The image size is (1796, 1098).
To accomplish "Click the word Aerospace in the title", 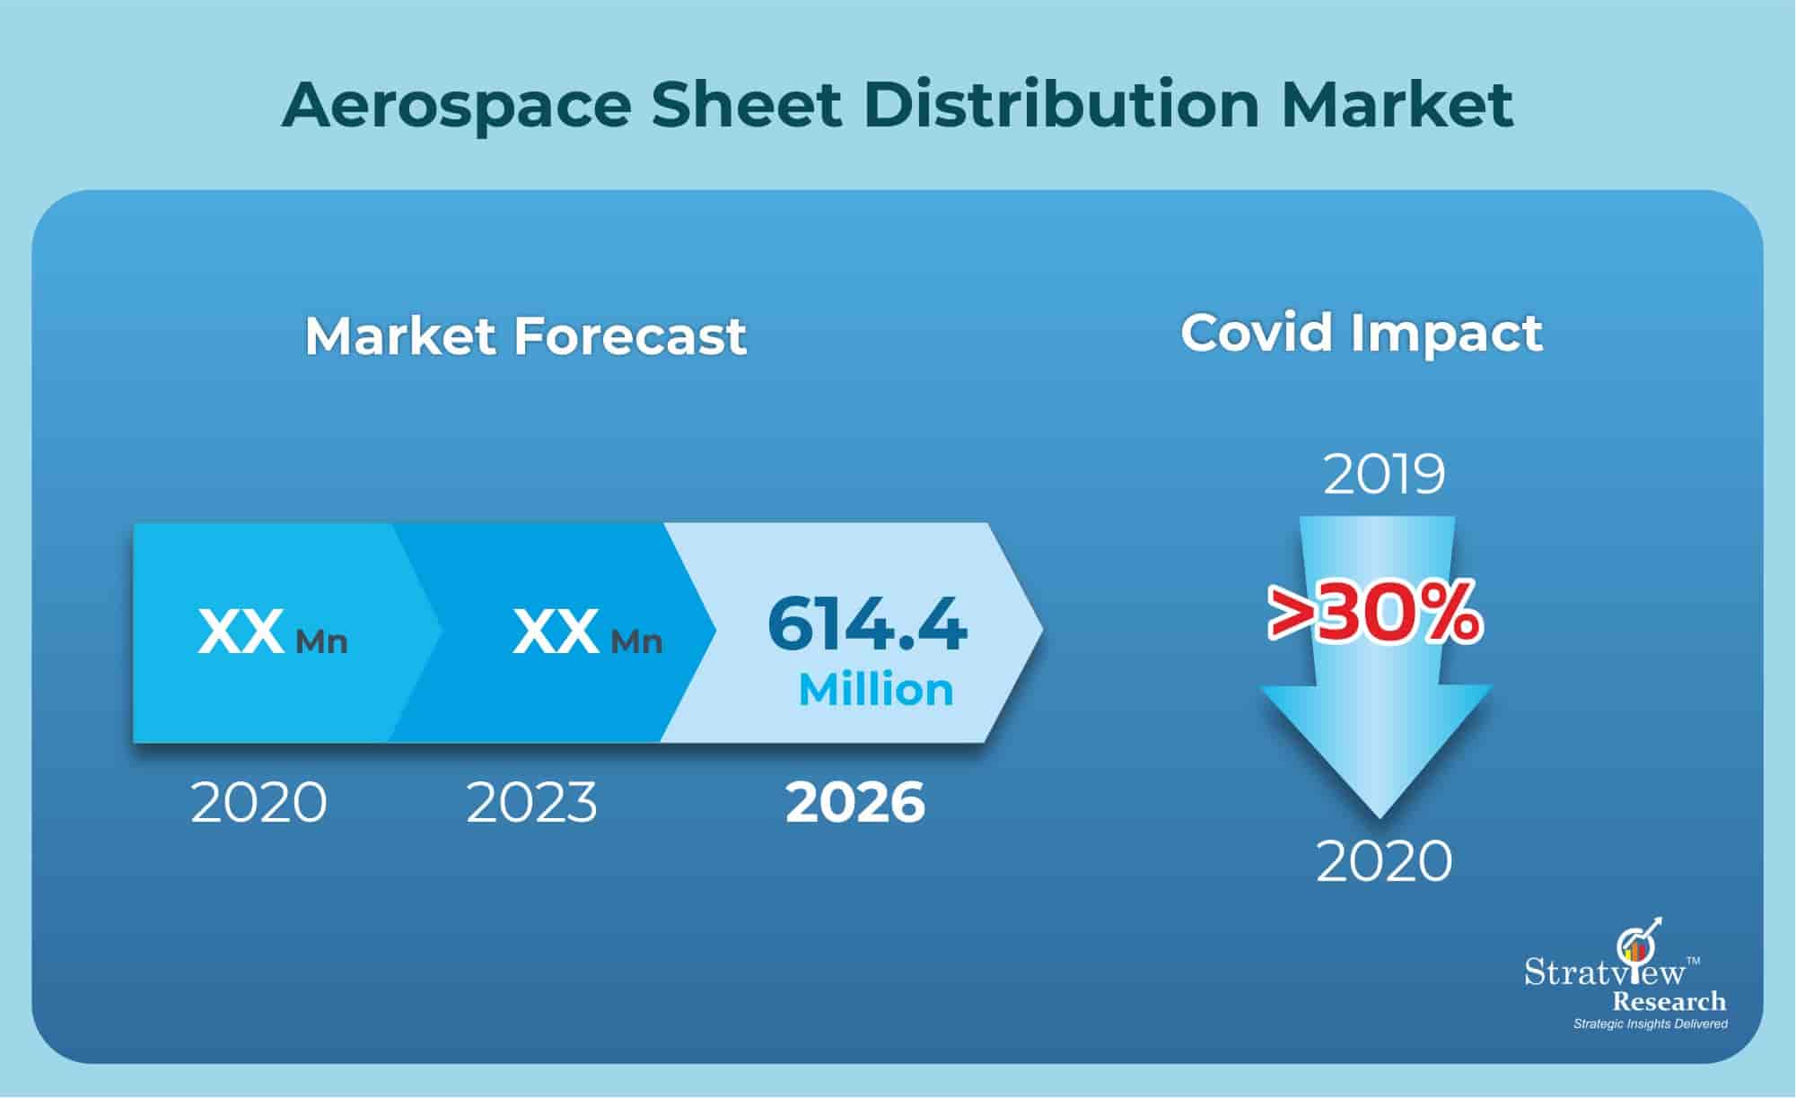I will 457,106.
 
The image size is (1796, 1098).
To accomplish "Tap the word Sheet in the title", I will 746,106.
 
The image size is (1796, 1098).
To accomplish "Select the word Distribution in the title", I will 1062,106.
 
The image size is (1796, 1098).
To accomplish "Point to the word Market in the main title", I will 1397,106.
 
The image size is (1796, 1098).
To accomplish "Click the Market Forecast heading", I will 526,336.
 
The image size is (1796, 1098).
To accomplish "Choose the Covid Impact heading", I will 1361,333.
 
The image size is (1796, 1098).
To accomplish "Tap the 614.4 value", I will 867,624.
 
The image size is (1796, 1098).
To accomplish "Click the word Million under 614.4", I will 876,690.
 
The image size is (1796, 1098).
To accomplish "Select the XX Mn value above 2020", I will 272,632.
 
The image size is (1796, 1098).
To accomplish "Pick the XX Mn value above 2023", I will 587,632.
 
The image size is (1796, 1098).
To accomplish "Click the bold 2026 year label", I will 854,802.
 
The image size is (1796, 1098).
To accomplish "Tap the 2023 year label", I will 531,802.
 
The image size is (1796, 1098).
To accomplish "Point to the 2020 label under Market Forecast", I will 258,802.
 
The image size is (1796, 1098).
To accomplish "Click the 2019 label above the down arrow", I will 1384,474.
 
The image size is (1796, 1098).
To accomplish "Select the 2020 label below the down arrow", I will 1384,861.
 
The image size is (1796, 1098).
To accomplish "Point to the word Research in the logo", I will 1669,1001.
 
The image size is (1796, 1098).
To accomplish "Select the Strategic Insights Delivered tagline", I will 1650,1024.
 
